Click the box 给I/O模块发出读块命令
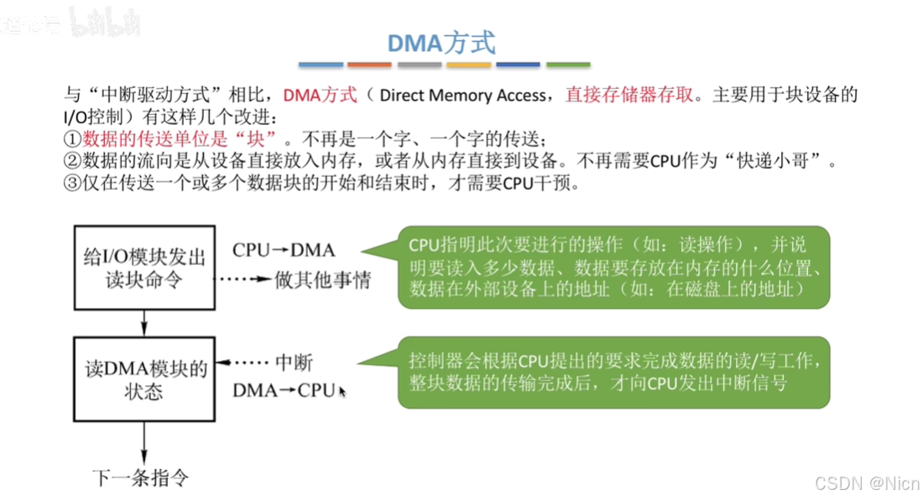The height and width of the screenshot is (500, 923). [x=145, y=267]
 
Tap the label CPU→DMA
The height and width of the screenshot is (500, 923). [x=283, y=250]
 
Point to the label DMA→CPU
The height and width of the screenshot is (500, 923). [x=283, y=390]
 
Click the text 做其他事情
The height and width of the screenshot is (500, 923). [x=322, y=279]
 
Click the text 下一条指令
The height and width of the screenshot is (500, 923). [x=140, y=478]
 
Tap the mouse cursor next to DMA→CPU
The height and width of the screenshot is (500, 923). [x=342, y=392]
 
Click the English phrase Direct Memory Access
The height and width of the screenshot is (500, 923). [x=462, y=95]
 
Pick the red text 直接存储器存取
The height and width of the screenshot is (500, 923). [x=630, y=95]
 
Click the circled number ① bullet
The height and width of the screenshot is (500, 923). [x=72, y=138]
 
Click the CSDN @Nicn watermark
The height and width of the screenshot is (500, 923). [x=869, y=483]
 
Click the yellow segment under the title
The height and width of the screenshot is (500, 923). [x=469, y=65]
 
